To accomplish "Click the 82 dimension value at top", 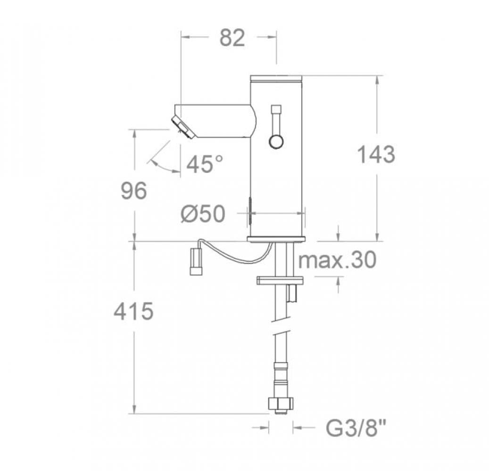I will click(x=232, y=38).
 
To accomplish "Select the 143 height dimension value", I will click(x=375, y=155).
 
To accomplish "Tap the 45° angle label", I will click(x=205, y=164).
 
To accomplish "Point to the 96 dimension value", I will click(x=134, y=191).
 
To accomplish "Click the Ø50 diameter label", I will click(x=202, y=215).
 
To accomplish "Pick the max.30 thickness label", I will click(x=338, y=260).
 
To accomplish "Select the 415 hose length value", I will click(x=134, y=312).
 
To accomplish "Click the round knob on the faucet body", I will click(x=276, y=141).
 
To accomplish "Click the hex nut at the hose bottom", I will click(x=281, y=404).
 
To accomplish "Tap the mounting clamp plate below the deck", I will click(x=280, y=281).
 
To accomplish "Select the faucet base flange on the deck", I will click(x=277, y=239).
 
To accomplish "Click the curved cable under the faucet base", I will click(x=236, y=257).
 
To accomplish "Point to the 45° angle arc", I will click(x=162, y=167).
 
